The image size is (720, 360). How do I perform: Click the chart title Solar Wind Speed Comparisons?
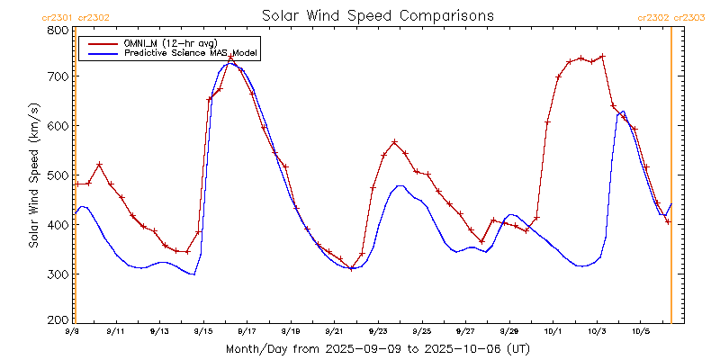377,15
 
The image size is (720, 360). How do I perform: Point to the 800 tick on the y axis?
57,30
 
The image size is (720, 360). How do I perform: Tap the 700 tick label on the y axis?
57,77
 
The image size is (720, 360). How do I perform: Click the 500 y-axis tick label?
57,175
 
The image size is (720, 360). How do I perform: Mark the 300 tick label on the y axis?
57,274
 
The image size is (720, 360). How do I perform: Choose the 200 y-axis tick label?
57,319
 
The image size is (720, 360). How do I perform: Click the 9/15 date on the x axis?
203,331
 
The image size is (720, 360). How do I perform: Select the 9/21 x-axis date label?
335,331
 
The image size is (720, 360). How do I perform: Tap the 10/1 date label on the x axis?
553,331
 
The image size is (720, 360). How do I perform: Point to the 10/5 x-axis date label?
640,331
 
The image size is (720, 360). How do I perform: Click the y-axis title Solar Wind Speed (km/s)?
33,175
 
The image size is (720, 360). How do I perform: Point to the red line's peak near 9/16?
231,57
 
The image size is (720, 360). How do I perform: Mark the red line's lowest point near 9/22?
351,268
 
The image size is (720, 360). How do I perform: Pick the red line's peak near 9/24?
394,142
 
